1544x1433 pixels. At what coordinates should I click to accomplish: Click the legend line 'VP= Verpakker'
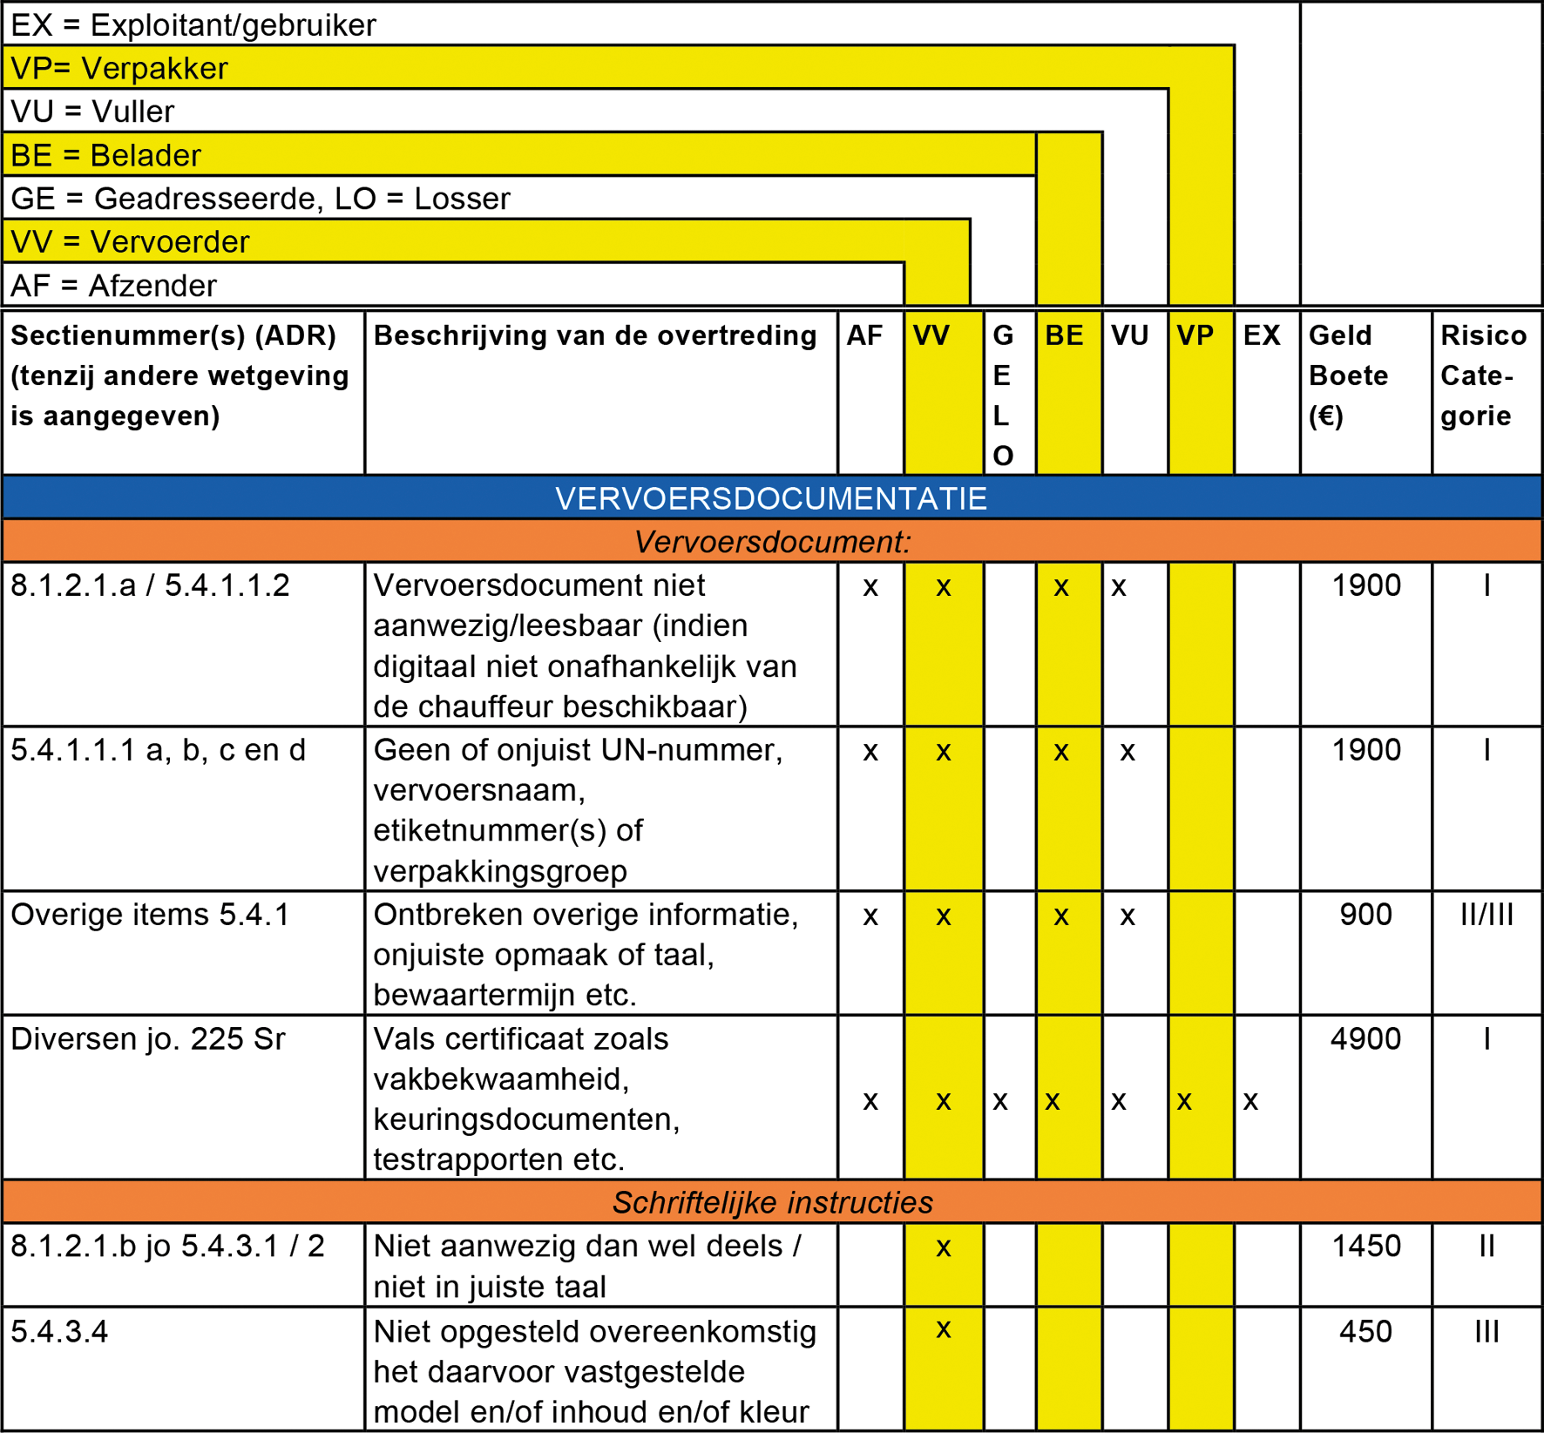[x=119, y=68]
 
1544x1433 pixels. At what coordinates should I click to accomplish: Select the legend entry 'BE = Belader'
[x=105, y=155]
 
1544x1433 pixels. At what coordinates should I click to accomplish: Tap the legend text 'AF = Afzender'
[x=113, y=286]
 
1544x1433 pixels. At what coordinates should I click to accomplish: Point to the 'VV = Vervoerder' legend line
[x=130, y=241]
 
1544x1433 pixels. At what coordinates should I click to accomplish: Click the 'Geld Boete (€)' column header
[x=1348, y=375]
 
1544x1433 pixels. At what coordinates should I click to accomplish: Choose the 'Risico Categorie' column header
[x=1483, y=375]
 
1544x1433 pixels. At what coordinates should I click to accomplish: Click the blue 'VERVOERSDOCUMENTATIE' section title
[x=771, y=498]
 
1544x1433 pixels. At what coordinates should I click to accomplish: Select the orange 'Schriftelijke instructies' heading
[x=772, y=1202]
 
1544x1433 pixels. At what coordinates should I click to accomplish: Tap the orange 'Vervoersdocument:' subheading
[x=772, y=542]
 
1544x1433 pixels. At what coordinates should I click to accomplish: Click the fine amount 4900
[x=1365, y=1038]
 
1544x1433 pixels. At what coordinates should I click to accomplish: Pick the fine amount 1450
[x=1365, y=1246]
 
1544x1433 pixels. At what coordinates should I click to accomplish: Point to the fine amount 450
[x=1365, y=1331]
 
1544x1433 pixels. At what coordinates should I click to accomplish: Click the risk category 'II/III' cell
[x=1486, y=915]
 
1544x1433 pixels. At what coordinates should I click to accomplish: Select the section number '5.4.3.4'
[x=59, y=1331]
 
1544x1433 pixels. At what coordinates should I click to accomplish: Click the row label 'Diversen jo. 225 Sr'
[x=148, y=1038]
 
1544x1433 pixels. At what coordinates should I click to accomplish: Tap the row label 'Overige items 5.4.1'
[x=150, y=915]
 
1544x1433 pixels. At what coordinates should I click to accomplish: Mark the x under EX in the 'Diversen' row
[x=1250, y=1101]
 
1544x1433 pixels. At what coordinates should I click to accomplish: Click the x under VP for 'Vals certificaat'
[x=1184, y=1101]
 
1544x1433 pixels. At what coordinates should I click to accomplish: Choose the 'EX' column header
[x=1261, y=335]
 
